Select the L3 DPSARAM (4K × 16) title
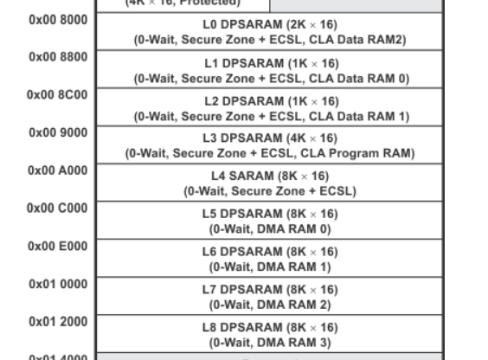pyautogui.click(x=271, y=138)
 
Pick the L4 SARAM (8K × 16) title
pyautogui.click(x=271, y=177)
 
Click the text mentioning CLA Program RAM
pyautogui.click(x=270, y=154)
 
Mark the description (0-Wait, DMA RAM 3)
pyautogui.click(x=271, y=343)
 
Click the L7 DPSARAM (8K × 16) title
pyautogui.click(x=271, y=290)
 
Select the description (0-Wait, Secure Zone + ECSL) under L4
pyautogui.click(x=271, y=191)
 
